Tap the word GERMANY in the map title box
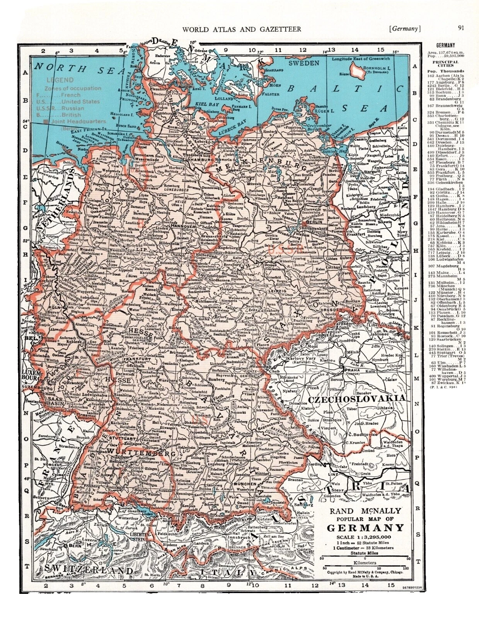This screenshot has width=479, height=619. tap(365, 528)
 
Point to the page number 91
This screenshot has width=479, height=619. tap(461, 27)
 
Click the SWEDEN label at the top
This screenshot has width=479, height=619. tap(304, 62)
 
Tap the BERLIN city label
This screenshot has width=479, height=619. tap(314, 223)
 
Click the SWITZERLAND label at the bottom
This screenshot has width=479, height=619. tap(89, 570)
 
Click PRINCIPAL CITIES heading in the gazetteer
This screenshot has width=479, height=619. tap(445, 64)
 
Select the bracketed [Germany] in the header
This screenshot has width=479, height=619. tap(405, 28)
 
